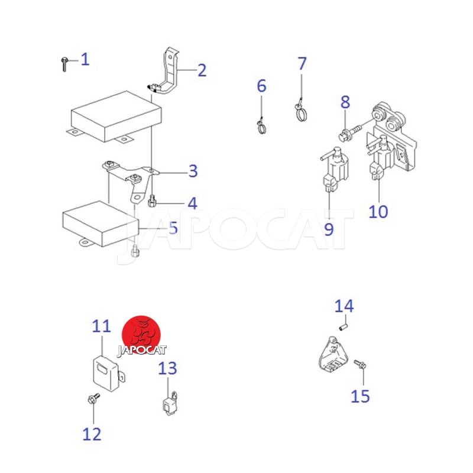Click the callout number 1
(85, 59)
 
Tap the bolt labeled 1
(64, 64)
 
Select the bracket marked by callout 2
(166, 72)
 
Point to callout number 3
(193, 171)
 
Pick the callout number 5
(173, 228)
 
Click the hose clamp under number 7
(301, 112)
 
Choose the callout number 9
(329, 229)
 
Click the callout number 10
(378, 212)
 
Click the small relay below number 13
(170, 404)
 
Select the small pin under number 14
(344, 328)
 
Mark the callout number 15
(360, 396)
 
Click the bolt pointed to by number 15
(360, 364)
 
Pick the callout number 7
(302, 63)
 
